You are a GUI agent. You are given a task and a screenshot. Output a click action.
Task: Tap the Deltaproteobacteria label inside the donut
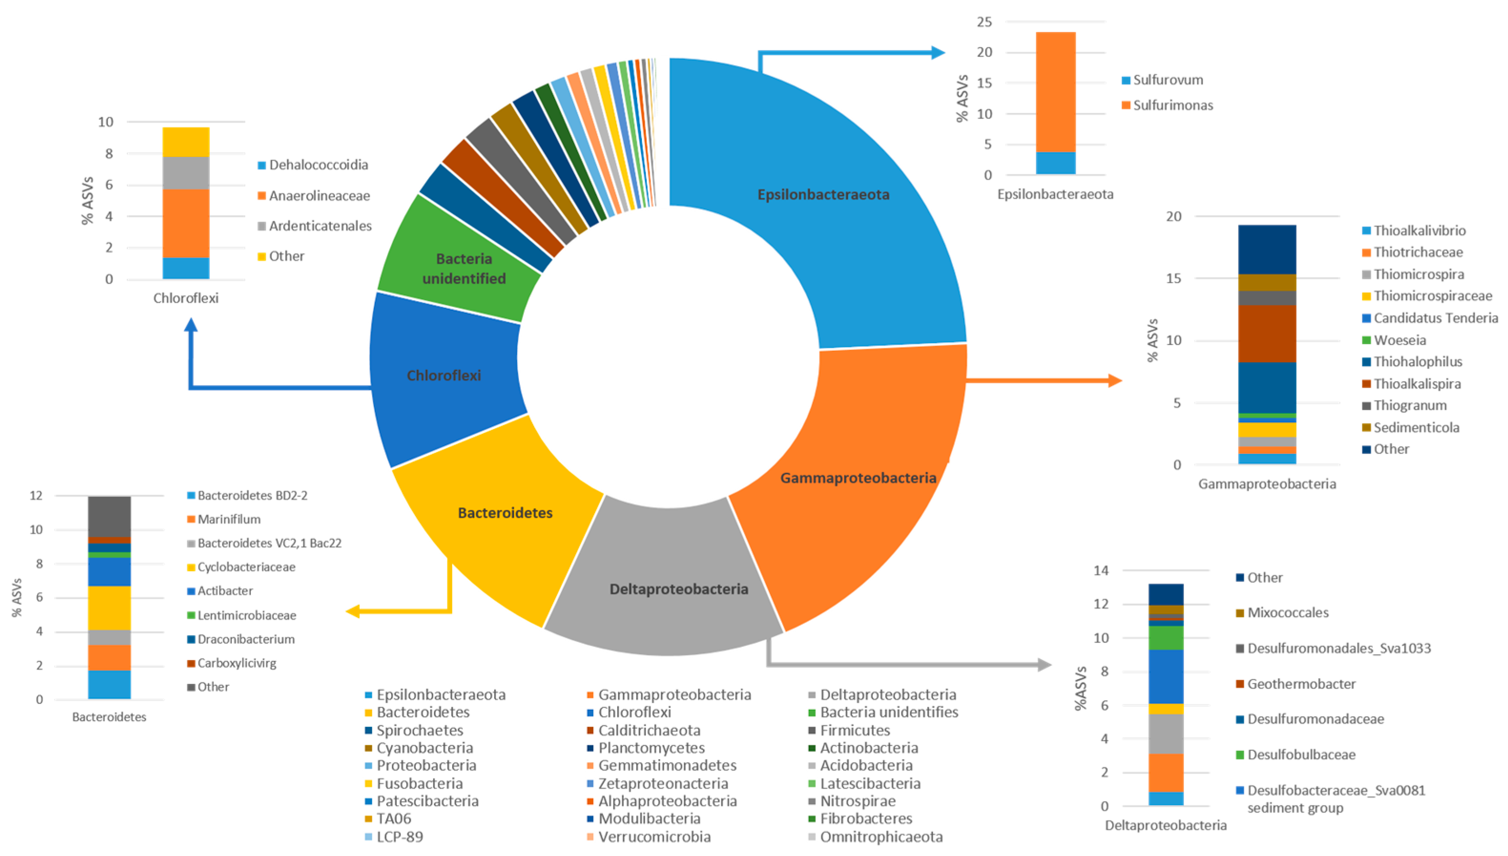click(x=679, y=589)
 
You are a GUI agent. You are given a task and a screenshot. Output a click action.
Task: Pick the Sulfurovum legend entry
click(x=1167, y=80)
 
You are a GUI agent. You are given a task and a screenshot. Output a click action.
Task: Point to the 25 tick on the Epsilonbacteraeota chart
click(x=984, y=22)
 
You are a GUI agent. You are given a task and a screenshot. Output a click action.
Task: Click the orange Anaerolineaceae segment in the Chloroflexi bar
click(x=186, y=224)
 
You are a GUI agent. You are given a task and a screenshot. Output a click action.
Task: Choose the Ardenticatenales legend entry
click(x=320, y=226)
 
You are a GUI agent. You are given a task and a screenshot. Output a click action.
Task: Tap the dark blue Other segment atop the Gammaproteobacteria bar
click(x=1266, y=249)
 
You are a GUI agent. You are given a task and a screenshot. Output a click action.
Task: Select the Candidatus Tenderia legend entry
click(x=1435, y=318)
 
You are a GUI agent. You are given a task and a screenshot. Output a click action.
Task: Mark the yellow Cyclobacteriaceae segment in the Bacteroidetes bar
click(x=109, y=608)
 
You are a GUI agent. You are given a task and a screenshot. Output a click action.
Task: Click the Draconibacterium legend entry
click(x=246, y=639)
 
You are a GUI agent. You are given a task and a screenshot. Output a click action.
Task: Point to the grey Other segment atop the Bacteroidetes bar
click(x=109, y=516)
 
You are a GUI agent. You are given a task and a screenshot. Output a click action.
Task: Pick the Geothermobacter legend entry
click(x=1301, y=684)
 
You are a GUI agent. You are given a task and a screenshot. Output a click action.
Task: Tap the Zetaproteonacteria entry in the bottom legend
click(x=663, y=784)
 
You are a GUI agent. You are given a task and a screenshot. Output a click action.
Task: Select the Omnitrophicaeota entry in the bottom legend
click(x=881, y=836)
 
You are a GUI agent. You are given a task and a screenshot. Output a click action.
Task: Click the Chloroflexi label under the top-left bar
click(x=186, y=298)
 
